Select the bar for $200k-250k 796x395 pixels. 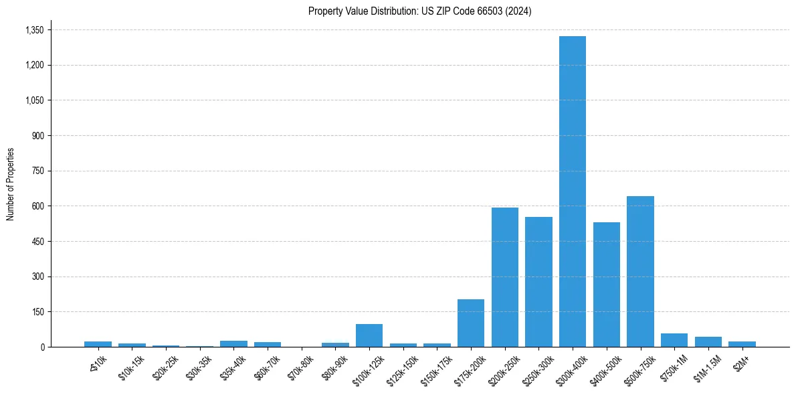504,277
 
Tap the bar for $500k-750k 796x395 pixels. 640,271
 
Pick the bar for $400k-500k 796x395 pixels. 606,285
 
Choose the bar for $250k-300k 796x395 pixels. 538,282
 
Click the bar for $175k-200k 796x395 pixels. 471,323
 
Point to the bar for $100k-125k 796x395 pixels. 369,335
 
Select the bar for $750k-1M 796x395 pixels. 674,340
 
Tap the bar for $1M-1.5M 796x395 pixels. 708,341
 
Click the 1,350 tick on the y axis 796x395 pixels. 34,30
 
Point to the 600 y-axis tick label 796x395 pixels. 38,206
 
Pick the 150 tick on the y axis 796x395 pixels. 38,312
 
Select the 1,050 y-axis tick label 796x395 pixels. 34,100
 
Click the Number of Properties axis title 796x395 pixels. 10,184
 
